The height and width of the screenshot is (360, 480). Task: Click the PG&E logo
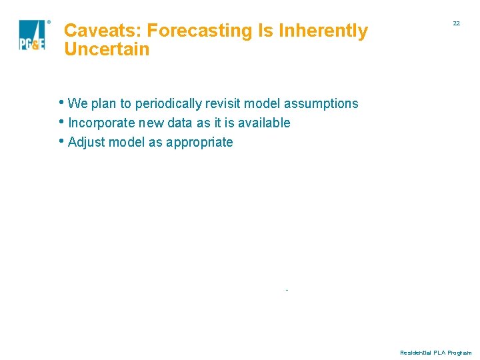31,35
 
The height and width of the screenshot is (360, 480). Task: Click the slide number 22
456,23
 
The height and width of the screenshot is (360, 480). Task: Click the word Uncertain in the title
107,49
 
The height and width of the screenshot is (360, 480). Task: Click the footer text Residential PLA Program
435,352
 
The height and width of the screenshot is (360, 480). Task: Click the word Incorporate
100,123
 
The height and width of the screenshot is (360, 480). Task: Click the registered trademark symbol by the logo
49,23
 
